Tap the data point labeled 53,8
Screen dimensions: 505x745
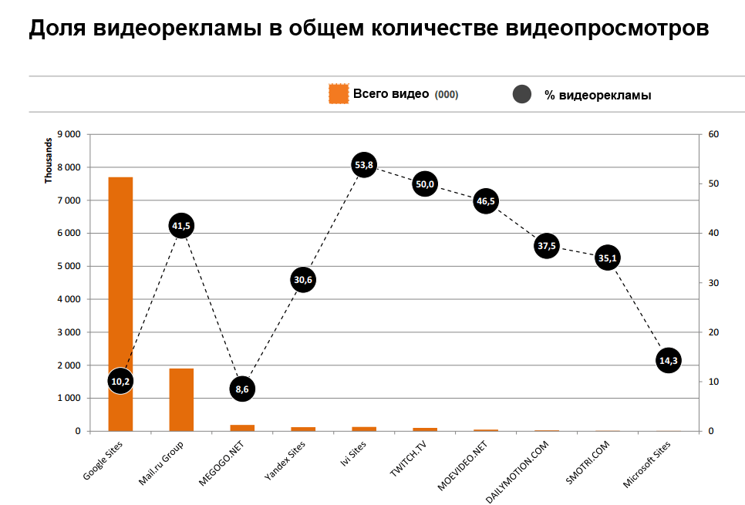click(x=364, y=164)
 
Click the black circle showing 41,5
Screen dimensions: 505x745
click(x=181, y=225)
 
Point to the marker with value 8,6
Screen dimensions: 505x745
click(x=242, y=389)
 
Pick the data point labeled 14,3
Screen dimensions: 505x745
click(x=668, y=360)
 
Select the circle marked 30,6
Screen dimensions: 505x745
click(x=303, y=279)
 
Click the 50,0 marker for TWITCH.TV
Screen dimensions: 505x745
click(x=425, y=183)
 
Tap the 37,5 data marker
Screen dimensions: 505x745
click(x=546, y=246)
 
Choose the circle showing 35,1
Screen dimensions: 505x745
click(x=608, y=258)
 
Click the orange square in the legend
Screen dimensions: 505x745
click(x=339, y=94)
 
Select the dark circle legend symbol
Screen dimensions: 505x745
click(x=522, y=95)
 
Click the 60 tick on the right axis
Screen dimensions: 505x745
click(x=713, y=134)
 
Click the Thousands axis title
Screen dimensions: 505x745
click(x=49, y=160)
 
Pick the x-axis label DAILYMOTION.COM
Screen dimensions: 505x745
click(x=519, y=472)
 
